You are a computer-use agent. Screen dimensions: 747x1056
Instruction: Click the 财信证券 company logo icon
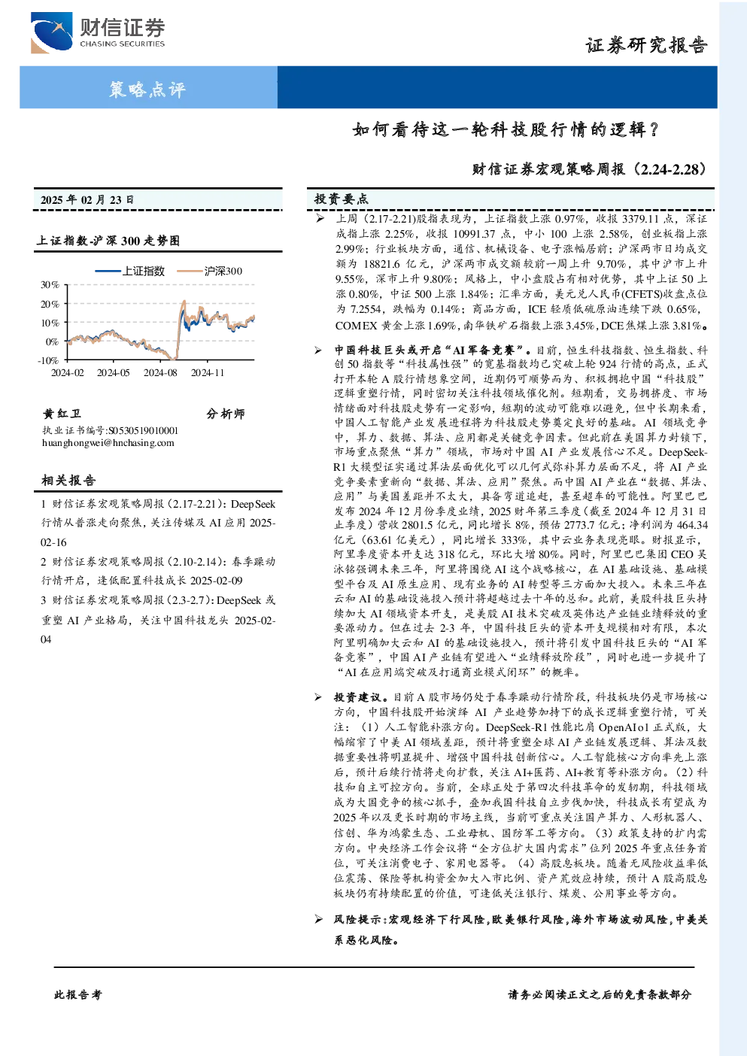coord(51,32)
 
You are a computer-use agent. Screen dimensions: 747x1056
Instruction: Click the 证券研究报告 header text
coord(646,45)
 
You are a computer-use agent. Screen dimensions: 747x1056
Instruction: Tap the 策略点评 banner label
coord(147,89)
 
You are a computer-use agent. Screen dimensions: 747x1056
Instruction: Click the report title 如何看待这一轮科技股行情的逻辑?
coord(506,129)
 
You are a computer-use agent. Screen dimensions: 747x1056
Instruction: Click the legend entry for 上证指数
coord(129,271)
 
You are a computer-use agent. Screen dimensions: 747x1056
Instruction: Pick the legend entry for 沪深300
coord(209,271)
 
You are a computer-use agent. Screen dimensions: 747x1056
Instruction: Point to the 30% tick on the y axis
coord(50,285)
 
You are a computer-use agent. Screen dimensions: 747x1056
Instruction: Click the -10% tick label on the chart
coord(48,360)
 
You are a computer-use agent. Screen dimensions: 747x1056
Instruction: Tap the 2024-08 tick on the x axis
coord(160,373)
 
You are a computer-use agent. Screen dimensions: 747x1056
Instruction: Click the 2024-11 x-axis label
coord(208,373)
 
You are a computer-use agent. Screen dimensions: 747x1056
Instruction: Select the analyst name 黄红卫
coord(62,414)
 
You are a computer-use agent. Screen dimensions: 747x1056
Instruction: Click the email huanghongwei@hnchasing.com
coord(108,443)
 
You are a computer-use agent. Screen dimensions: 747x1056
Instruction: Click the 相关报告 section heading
coord(68,481)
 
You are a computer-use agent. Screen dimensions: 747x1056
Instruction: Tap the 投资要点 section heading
coord(342,199)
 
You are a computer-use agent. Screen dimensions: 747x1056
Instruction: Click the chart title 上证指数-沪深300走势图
coord(108,241)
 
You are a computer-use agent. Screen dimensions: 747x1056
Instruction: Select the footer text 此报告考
coord(77,995)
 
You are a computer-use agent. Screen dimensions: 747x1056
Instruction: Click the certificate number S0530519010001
coord(144,430)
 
